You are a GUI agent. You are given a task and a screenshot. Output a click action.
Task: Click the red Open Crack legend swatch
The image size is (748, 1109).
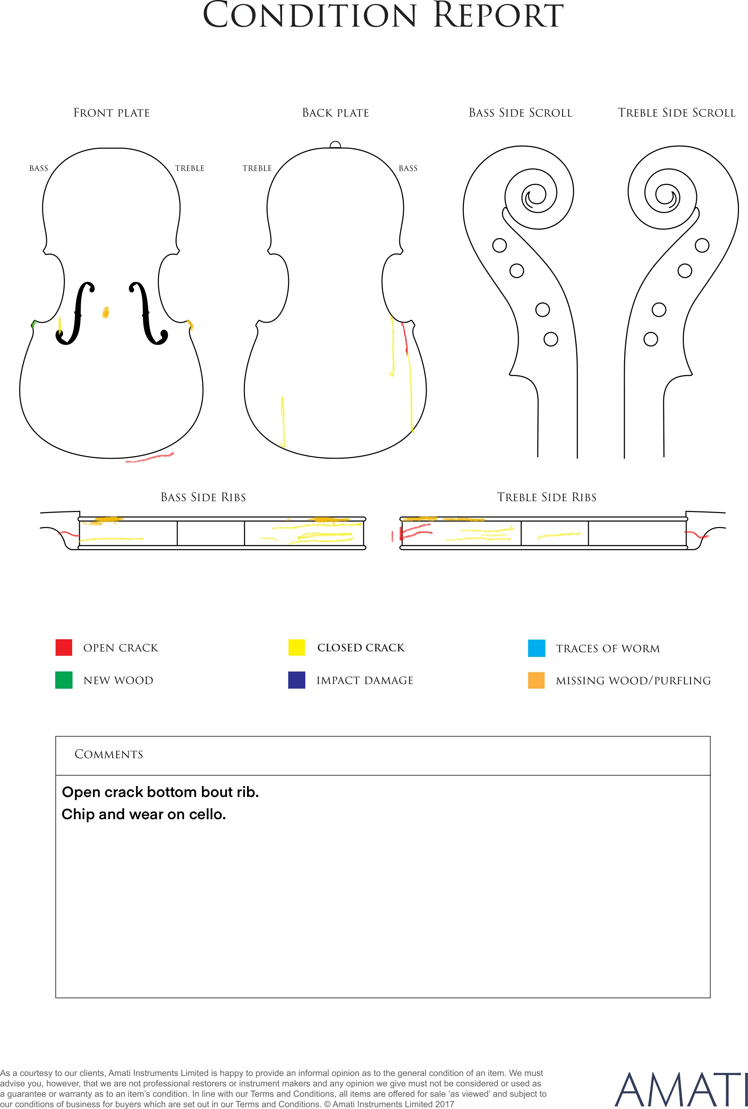(x=64, y=647)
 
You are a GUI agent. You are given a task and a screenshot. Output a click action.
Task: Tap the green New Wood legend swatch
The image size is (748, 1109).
(x=64, y=680)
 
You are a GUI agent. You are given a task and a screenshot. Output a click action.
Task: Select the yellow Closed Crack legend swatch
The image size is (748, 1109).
(x=297, y=647)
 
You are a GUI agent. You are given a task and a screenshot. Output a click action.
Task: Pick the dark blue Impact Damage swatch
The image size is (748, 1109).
(x=297, y=680)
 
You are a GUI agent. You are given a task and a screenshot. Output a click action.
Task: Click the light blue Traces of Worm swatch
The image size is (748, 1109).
(x=537, y=648)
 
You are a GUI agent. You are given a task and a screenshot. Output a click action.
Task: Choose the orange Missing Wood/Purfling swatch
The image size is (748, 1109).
(x=537, y=680)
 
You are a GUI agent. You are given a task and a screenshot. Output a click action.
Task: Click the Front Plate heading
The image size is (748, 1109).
(x=112, y=113)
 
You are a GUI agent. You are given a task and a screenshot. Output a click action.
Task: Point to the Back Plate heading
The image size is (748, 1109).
(x=336, y=113)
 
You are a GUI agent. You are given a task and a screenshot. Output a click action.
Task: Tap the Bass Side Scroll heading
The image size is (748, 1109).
(x=520, y=113)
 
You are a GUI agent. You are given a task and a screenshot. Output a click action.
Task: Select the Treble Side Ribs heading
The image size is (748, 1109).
(x=547, y=497)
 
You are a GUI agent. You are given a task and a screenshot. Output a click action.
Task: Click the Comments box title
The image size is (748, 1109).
(x=109, y=754)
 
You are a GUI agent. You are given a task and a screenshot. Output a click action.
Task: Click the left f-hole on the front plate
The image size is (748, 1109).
(x=75, y=313)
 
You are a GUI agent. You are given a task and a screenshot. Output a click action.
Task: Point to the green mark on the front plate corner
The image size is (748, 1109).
(x=34, y=324)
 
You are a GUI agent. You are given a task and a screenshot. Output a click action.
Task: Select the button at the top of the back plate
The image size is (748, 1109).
(x=335, y=145)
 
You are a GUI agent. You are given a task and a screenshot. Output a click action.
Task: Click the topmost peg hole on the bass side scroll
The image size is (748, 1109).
(x=500, y=245)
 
